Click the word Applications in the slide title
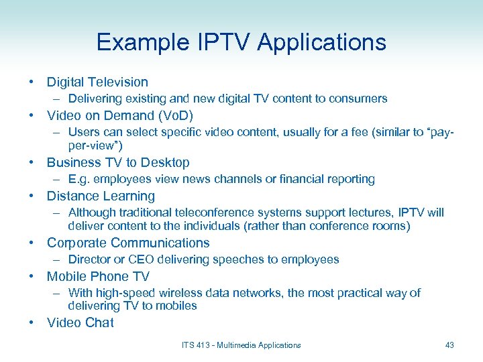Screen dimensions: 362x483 click(x=322, y=43)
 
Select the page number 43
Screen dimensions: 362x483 click(x=449, y=345)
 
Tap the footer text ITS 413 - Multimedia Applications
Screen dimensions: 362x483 click(x=241, y=345)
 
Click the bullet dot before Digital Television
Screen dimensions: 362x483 click(x=32, y=82)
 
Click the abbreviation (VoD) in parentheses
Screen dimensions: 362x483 click(x=174, y=116)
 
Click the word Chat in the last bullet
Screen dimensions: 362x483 click(x=99, y=323)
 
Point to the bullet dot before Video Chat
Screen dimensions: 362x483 click(x=32, y=323)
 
